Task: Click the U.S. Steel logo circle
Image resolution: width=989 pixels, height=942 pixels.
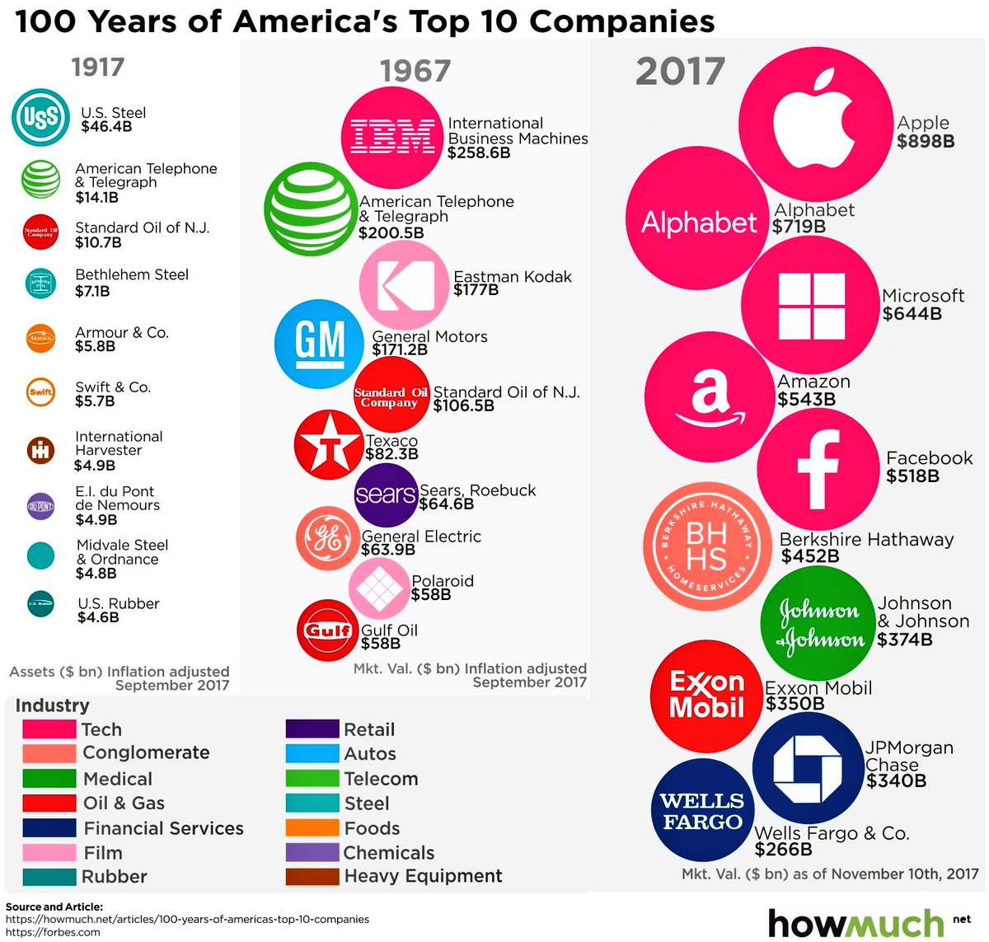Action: (40, 118)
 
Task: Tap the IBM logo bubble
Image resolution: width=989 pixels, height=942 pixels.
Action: (392, 137)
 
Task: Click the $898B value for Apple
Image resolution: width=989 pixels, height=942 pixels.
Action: (926, 141)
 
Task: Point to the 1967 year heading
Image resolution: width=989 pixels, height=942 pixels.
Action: (415, 72)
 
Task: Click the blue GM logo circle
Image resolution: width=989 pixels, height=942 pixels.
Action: (319, 344)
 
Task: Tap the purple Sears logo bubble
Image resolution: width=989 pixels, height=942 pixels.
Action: (386, 494)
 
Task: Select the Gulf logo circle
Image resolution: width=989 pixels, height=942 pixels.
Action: (328, 630)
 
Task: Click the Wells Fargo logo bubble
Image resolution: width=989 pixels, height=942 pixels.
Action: (701, 811)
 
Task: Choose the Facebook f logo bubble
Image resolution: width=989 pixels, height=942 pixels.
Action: (818, 467)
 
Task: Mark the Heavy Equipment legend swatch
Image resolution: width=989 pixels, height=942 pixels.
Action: (312, 876)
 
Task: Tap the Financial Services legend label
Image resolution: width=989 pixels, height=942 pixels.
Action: (163, 828)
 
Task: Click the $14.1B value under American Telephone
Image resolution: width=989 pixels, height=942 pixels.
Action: (96, 197)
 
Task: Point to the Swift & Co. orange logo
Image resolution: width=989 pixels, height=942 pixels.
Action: (40, 392)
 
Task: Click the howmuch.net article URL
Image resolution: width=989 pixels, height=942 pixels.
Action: (187, 919)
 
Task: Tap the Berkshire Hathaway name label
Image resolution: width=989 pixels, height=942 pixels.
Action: (866, 540)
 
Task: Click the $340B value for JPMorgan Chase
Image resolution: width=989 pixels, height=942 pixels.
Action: (896, 780)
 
